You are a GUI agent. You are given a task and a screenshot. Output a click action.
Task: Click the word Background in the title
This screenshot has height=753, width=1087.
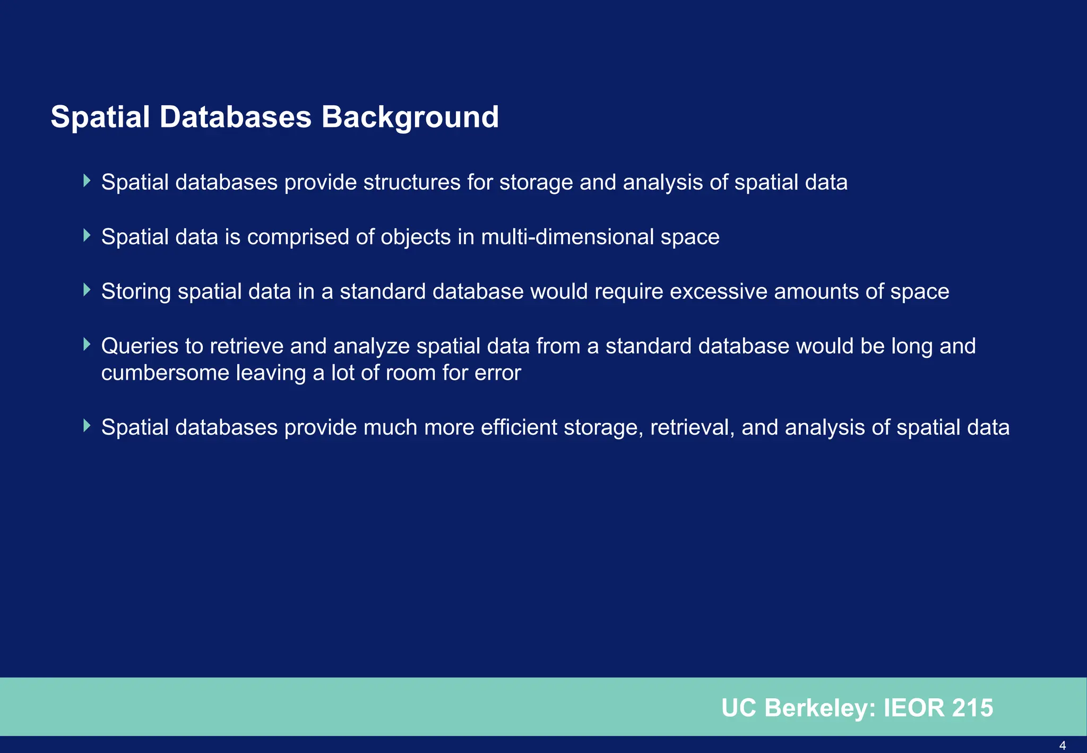pyautogui.click(x=410, y=118)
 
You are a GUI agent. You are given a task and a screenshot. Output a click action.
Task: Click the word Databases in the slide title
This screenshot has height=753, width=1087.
pyautogui.click(x=235, y=117)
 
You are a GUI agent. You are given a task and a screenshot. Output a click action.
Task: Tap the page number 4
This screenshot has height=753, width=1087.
pyautogui.click(x=1062, y=746)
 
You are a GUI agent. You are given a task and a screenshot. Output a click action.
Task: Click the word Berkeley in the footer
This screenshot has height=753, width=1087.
pyautogui.click(x=820, y=708)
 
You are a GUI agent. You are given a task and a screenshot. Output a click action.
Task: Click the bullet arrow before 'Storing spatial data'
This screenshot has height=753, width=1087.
pyautogui.click(x=87, y=290)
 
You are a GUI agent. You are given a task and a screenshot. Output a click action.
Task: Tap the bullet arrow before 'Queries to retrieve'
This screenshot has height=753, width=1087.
pyautogui.click(x=87, y=345)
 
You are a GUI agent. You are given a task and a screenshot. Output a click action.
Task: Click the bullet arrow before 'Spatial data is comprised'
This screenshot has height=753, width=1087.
pyautogui.click(x=87, y=235)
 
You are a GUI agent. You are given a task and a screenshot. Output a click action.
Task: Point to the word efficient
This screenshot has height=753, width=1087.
pyautogui.click(x=519, y=427)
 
